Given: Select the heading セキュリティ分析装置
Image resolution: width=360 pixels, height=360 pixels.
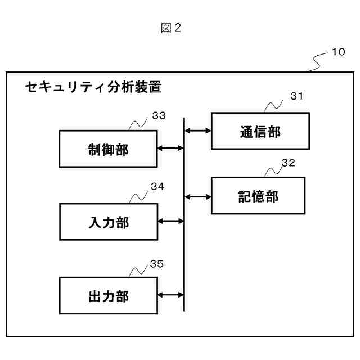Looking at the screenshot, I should tap(93, 88).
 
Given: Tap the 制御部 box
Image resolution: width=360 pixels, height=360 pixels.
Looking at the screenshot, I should tap(108, 148).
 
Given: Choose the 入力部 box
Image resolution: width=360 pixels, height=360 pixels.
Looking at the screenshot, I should tap(108, 222).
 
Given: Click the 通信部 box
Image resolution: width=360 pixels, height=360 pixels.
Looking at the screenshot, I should tap(259, 131).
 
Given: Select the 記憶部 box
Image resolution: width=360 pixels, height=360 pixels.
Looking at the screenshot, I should tap(258, 196).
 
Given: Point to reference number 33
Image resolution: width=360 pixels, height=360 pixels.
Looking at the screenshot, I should tap(159, 116).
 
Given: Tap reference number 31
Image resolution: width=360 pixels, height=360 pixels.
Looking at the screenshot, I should tap(296, 96).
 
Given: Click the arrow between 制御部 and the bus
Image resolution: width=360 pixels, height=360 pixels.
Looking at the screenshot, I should tap(171, 148).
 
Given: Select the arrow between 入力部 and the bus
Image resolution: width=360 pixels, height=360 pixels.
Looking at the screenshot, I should tap(171, 222).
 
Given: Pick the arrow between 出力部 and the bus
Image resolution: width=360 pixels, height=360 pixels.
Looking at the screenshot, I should tap(171, 295).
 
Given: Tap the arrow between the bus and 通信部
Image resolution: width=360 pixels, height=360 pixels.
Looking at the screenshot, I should tap(198, 131).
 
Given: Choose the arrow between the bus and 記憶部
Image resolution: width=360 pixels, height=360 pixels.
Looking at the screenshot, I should tap(198, 196).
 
